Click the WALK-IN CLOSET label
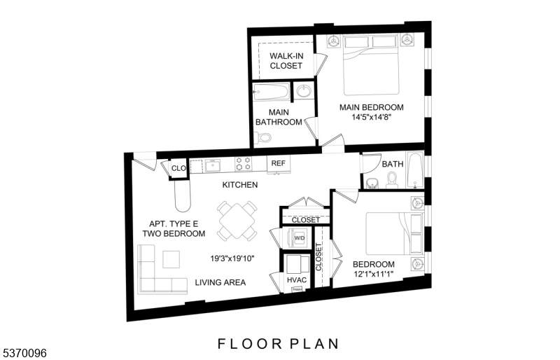[x=286, y=61]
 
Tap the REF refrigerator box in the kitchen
[x=279, y=164]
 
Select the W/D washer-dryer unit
[x=298, y=237]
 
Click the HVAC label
[x=297, y=280]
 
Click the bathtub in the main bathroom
[x=271, y=92]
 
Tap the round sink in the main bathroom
[x=304, y=91]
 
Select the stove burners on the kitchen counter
[x=243, y=163]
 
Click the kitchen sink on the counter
[x=212, y=166]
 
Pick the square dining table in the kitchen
[x=237, y=221]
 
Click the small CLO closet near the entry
[x=178, y=168]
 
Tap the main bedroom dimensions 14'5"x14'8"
[x=372, y=117]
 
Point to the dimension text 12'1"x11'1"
[x=373, y=274]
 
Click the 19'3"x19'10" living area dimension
[x=232, y=258]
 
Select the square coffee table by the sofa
[x=171, y=260]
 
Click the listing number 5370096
[x=23, y=353]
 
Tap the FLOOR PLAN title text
[x=278, y=344]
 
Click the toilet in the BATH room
[x=392, y=180]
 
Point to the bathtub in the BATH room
[x=415, y=170]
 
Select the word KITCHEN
[x=240, y=185]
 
